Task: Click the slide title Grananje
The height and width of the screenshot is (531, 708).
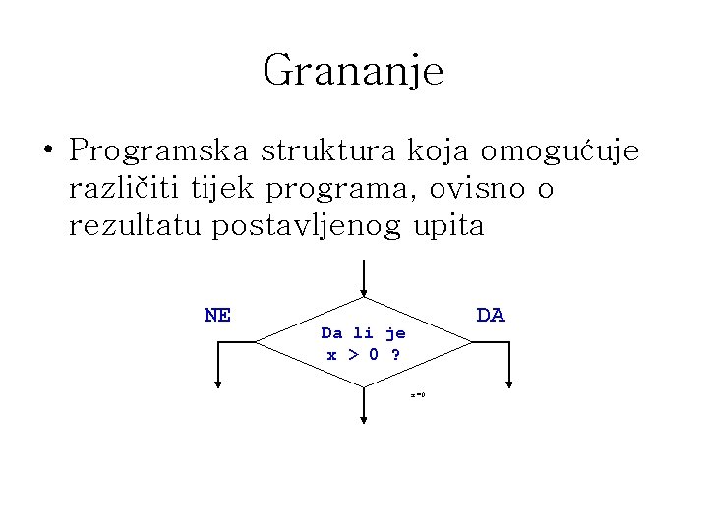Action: coord(353,71)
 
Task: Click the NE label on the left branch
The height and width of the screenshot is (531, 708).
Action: coord(217,315)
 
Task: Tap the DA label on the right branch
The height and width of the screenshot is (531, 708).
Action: coord(490,315)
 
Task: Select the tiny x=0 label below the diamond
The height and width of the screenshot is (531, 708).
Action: coord(417,395)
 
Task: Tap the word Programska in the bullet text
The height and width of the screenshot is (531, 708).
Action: coord(158,152)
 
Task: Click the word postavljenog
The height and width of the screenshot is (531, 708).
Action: coord(310,227)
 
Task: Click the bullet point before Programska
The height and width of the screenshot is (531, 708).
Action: coord(47,152)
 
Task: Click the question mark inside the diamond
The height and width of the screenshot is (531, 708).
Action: coord(395,354)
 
